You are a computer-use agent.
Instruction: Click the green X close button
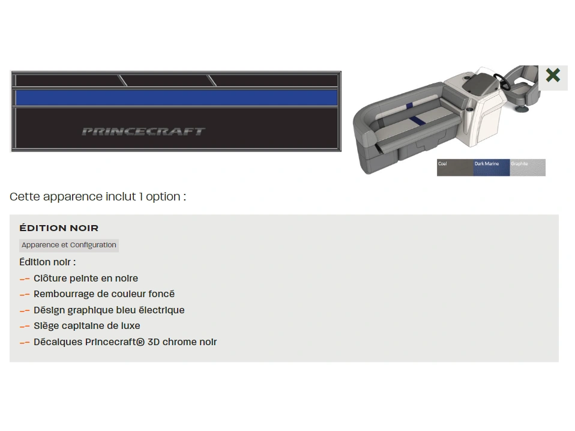pos(553,76)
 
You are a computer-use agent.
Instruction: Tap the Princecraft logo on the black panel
pos(143,131)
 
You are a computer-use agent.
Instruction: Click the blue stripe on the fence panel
pos(176,98)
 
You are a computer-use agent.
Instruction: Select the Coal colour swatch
pos(455,167)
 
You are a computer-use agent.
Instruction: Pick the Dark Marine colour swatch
pos(492,167)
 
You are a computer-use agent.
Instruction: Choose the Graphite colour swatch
pos(528,167)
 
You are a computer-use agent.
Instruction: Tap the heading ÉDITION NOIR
pos(59,228)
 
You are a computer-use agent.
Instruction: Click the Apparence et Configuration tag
pos(69,245)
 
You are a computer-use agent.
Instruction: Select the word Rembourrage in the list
pos(63,294)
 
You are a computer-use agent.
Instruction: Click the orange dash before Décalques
pos(25,343)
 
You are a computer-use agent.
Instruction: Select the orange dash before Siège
pos(25,327)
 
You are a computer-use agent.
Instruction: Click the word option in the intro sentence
pos(163,197)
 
